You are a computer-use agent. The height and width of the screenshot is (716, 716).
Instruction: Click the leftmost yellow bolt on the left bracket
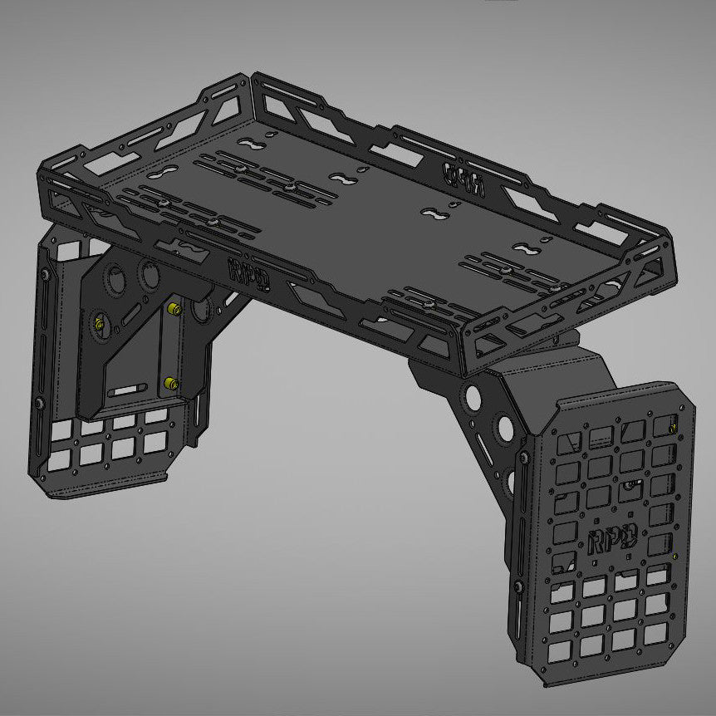click(x=101, y=322)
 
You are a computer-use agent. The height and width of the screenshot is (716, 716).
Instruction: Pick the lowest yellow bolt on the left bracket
click(x=169, y=383)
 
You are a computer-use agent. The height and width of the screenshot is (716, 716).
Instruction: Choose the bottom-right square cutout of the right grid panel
click(x=655, y=634)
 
